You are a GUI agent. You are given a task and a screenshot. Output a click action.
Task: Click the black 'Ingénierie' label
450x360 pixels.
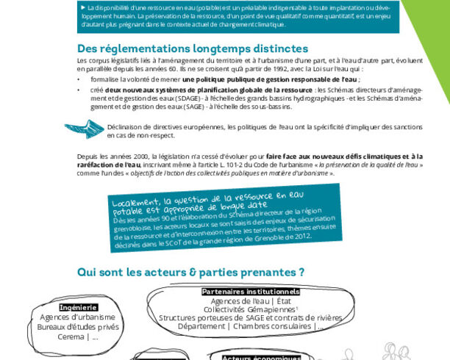79,307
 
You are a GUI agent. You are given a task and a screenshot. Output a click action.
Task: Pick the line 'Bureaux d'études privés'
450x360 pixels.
78,327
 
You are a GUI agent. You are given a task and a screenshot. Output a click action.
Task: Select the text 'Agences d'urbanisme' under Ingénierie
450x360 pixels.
78,317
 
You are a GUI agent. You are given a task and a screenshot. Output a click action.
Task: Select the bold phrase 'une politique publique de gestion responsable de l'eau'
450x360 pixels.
271,79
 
